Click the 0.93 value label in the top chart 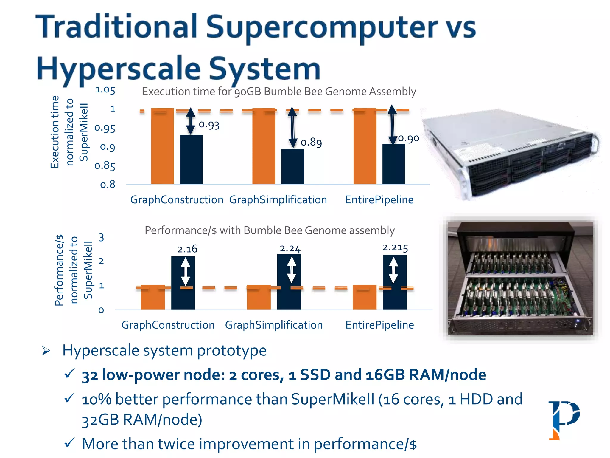(209, 125)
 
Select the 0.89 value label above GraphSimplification (311, 142)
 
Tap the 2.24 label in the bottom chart (290, 248)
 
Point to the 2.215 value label (395, 247)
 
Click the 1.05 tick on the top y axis (105, 90)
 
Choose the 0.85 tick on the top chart (105, 166)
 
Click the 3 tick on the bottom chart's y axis (101, 237)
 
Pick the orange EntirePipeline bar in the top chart (365, 146)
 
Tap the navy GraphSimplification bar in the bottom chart (289, 282)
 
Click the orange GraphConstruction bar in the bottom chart (153, 297)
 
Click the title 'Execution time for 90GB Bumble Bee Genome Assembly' (279, 91)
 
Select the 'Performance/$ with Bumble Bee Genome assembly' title (270, 230)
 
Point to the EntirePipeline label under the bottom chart (379, 325)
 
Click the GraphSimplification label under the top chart (278, 199)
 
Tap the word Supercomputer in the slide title (322, 27)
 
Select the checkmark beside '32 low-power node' (69, 373)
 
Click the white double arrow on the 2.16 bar (185, 271)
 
